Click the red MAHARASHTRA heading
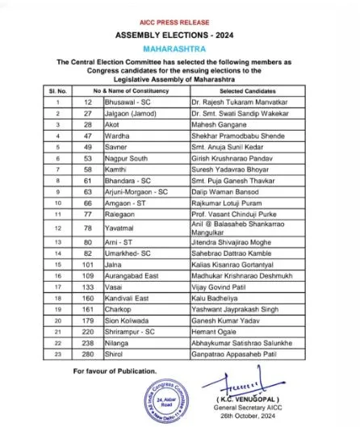pyautogui.click(x=179, y=47)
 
